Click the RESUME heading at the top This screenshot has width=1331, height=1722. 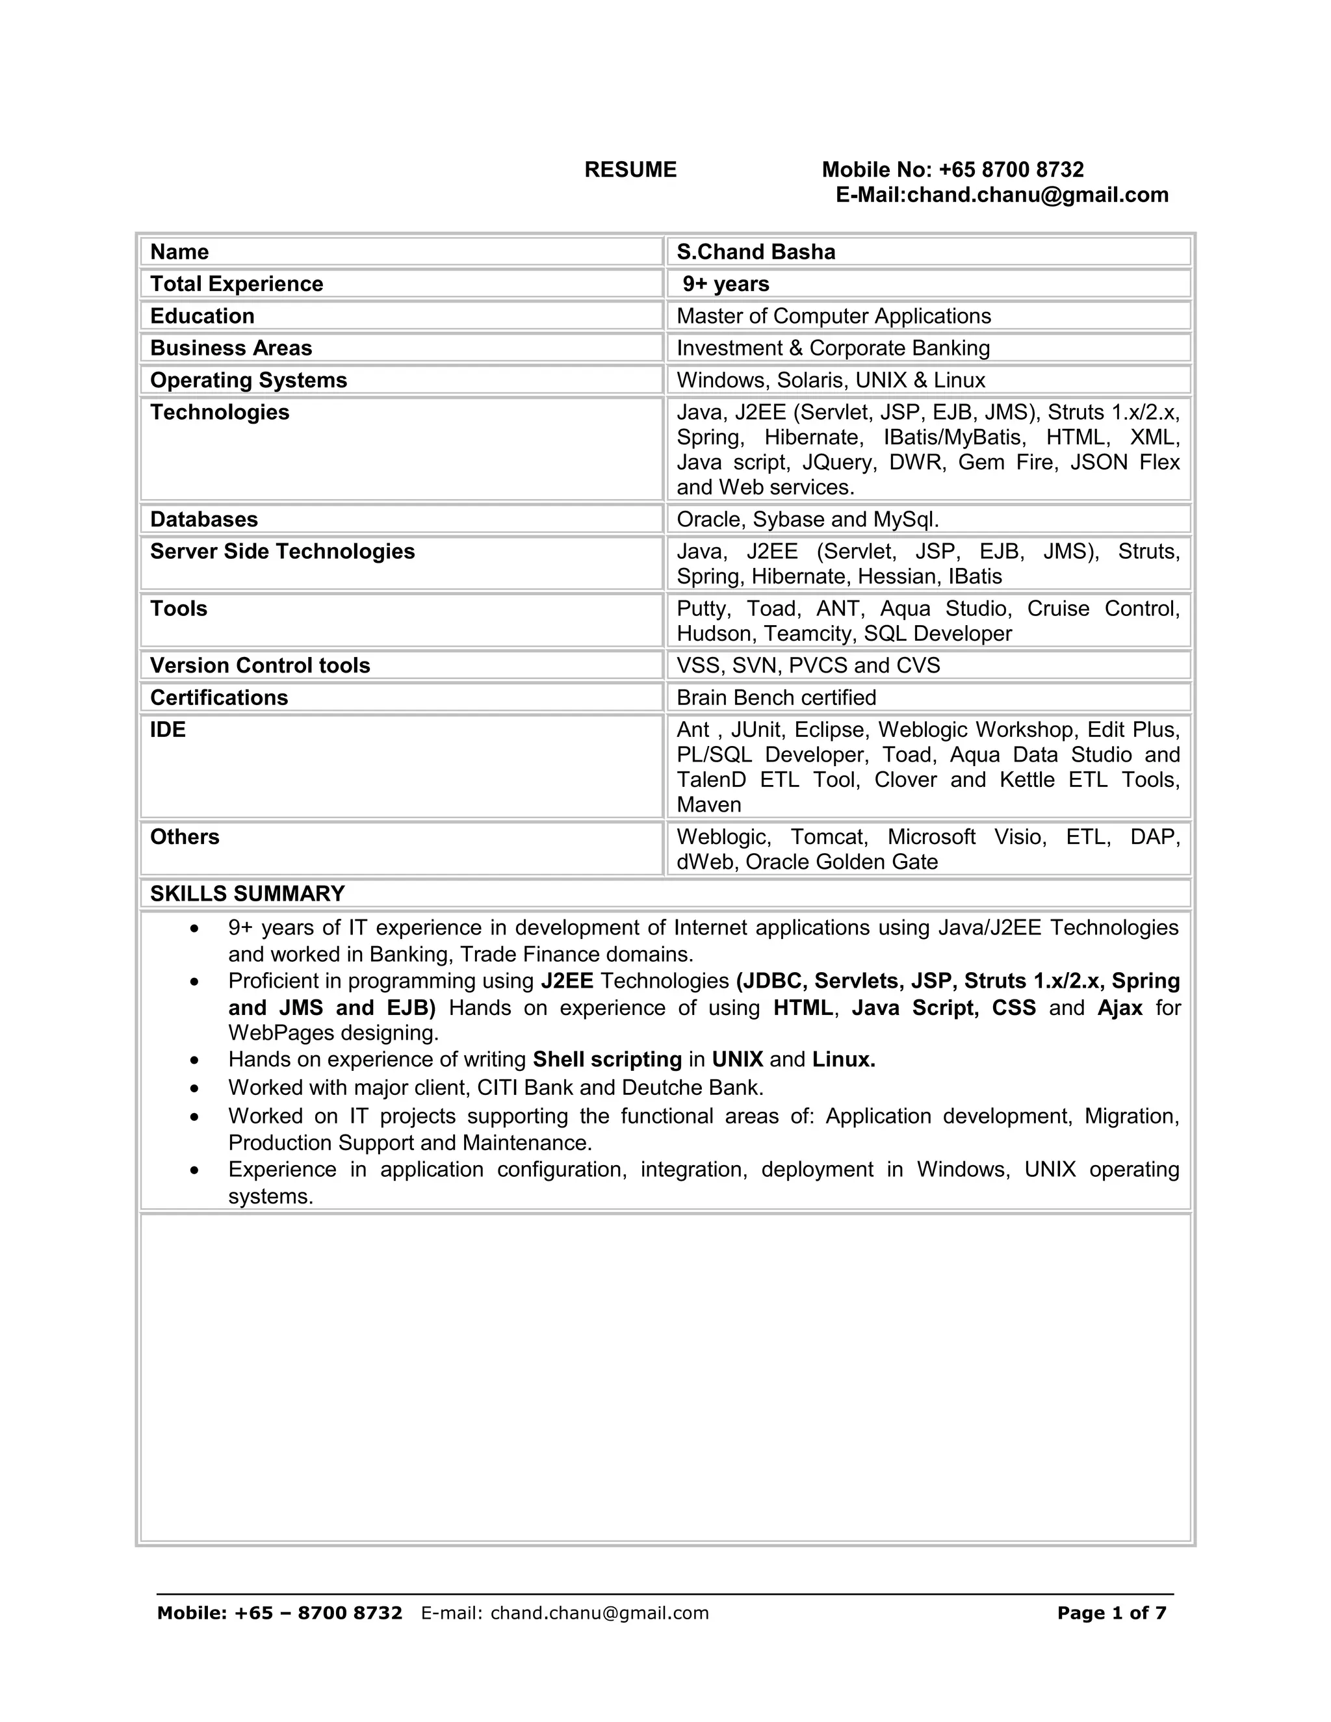tap(630, 170)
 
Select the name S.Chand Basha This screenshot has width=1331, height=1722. tap(755, 251)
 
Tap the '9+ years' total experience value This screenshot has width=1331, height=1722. tap(725, 284)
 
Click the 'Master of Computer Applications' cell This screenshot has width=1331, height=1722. tap(833, 316)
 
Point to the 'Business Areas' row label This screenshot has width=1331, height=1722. tap(231, 348)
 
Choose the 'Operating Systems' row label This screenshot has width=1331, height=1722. tap(248, 380)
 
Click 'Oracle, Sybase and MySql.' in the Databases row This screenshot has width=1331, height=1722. tap(807, 520)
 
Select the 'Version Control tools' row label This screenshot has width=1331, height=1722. tap(260, 665)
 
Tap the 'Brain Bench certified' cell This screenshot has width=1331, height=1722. tap(776, 698)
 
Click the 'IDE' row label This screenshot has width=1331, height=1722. tap(168, 730)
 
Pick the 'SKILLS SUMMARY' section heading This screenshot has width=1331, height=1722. tap(248, 893)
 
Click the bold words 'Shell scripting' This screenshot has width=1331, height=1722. tap(607, 1059)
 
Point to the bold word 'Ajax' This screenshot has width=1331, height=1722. tap(1120, 1008)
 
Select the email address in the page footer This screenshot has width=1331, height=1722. tap(599, 1613)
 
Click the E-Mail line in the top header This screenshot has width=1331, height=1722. tap(1001, 195)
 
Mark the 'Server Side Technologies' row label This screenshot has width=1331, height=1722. tap(282, 551)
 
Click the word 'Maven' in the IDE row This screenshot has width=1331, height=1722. tap(709, 805)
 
